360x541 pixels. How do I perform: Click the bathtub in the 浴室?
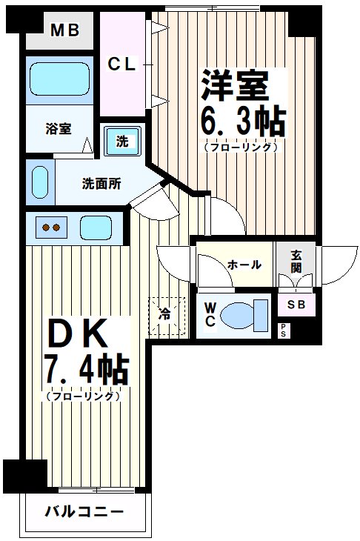click(60, 79)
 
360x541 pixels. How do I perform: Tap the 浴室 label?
click(59, 128)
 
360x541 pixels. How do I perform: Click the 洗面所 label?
click(101, 183)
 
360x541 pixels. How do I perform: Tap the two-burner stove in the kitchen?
click(51, 228)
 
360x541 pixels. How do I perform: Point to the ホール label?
click(244, 265)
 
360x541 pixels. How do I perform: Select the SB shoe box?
click(297, 304)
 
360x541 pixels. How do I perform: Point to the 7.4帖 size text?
click(87, 370)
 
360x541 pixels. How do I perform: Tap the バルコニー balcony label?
click(82, 511)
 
